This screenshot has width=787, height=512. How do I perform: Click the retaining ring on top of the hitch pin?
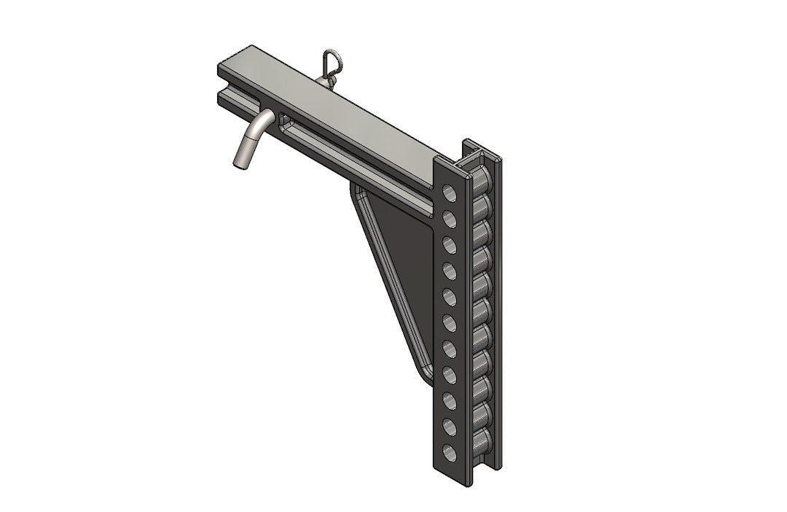pos(331,59)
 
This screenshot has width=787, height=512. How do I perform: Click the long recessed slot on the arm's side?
pos(350,150)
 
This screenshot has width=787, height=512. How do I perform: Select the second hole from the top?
pos(450,218)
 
